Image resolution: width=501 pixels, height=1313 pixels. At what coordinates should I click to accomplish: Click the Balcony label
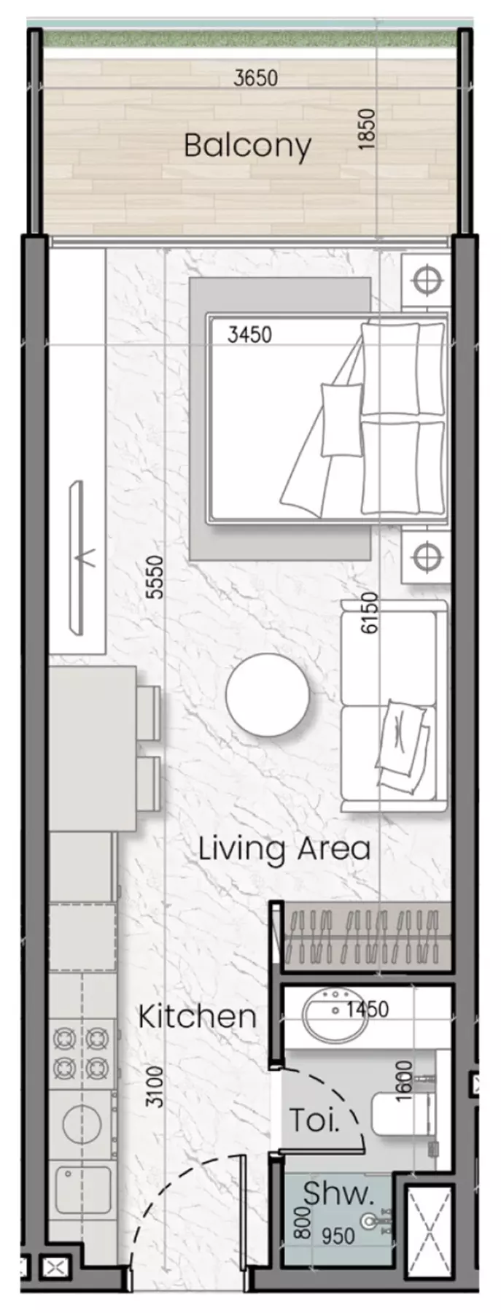point(247,146)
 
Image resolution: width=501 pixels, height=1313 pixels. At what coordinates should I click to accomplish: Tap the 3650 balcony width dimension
point(255,78)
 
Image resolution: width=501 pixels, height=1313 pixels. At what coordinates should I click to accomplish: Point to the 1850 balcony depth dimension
point(368,130)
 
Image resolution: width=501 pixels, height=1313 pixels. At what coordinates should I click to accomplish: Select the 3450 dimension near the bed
point(249,335)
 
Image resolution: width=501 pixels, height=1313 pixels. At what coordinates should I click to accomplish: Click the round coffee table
point(267,694)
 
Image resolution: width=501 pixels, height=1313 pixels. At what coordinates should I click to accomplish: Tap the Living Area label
point(284,848)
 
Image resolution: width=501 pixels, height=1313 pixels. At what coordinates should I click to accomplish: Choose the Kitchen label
point(197,1016)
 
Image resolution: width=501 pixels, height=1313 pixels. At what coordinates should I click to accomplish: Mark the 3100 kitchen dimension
point(154,1087)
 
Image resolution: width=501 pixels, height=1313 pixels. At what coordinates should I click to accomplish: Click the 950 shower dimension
point(339,1235)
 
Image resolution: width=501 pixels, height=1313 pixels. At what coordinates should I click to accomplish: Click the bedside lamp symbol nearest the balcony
point(425,279)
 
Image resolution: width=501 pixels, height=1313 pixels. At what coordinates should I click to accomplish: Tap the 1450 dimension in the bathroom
point(368,1010)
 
